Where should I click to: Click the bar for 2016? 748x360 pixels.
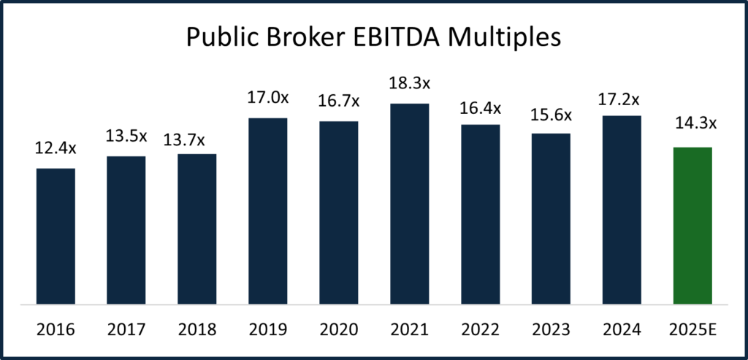pyautogui.click(x=56, y=236)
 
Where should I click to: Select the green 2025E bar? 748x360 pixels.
pyautogui.click(x=692, y=226)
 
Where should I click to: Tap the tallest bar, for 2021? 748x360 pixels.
pyautogui.click(x=409, y=204)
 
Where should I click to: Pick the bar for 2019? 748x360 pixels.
pyautogui.click(x=267, y=210)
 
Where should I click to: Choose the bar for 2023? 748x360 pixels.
pyautogui.click(x=551, y=218)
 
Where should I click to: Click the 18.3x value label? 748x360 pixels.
pyautogui.click(x=409, y=84)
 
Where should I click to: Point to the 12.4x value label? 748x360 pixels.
pyautogui.click(x=56, y=149)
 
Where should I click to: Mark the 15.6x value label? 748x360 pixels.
pyautogui.click(x=551, y=113)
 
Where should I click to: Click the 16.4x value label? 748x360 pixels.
pyautogui.click(x=480, y=107)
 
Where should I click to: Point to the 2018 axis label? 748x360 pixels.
pyautogui.click(x=197, y=329)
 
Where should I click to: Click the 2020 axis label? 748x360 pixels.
pyautogui.click(x=338, y=329)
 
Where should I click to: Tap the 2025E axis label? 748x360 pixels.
pyautogui.click(x=692, y=329)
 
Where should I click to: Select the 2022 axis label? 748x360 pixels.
pyautogui.click(x=480, y=329)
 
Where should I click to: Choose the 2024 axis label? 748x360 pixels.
pyautogui.click(x=621, y=329)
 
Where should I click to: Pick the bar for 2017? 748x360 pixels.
pyautogui.click(x=126, y=230)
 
